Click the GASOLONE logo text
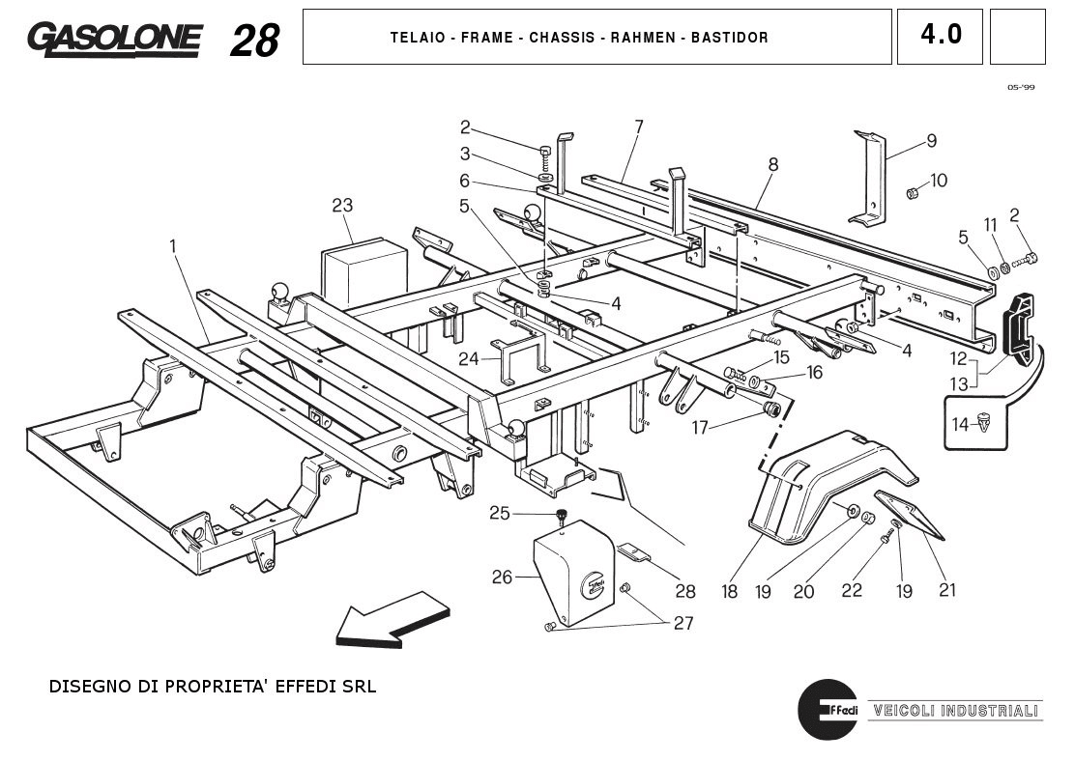(114, 40)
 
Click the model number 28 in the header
(254, 41)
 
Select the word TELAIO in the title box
(418, 38)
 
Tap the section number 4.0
(940, 36)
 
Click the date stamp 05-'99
(1020, 87)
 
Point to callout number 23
(342, 205)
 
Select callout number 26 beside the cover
(502, 578)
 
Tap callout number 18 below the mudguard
(730, 591)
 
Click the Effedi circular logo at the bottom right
(828, 710)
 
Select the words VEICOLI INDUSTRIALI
(954, 712)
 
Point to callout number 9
(931, 141)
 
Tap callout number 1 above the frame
(173, 246)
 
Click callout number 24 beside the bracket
(468, 358)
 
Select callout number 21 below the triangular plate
(947, 590)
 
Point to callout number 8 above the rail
(773, 164)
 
